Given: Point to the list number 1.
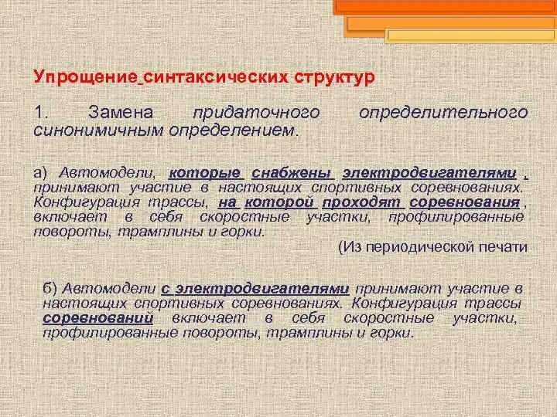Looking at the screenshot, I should click(39, 113).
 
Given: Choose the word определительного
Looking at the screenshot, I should click(443, 113).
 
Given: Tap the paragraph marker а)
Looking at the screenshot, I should click(40, 171).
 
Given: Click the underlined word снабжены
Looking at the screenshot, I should click(293, 171).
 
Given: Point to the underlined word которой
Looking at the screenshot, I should click(280, 202).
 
